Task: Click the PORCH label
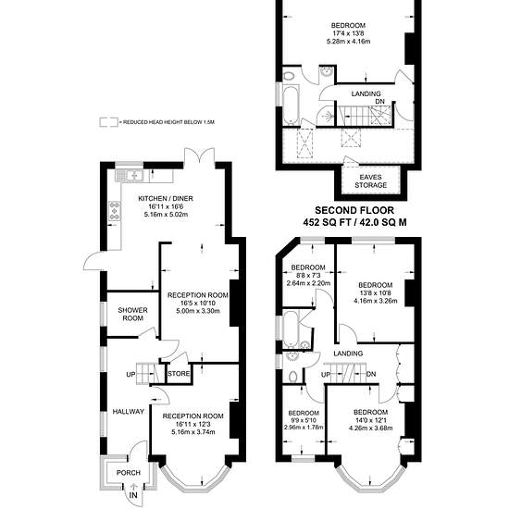pos(129,473)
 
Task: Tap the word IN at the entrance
pos(133,495)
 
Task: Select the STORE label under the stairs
pos(179,374)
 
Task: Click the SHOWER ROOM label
pos(132,315)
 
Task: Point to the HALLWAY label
pos(129,412)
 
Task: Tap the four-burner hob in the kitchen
pos(115,211)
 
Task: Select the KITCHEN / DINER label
pos(166,198)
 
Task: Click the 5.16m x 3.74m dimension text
pos(193,432)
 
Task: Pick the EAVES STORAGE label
pos(371,181)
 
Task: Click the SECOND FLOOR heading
pos(354,210)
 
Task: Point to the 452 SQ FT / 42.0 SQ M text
pos(354,222)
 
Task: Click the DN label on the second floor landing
pos(379,102)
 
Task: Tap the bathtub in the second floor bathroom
pos(291,105)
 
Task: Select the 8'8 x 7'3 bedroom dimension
pos(308,275)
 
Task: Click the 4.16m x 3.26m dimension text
pos(375,301)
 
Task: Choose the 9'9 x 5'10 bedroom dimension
pos(304,420)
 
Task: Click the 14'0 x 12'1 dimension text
pos(371,420)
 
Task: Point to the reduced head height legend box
pos(109,122)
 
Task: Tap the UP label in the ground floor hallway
pos(130,375)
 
